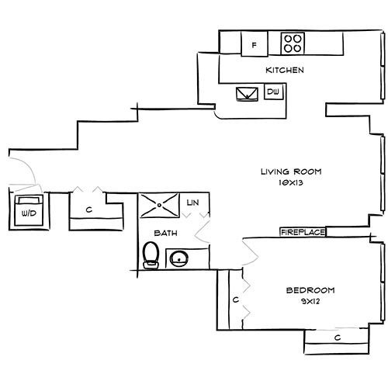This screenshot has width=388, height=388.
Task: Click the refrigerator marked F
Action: (254, 45)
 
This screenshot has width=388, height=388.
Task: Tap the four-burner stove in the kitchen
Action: (293, 44)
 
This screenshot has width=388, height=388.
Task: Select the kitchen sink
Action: (249, 94)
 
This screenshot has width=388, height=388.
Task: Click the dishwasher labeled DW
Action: (272, 92)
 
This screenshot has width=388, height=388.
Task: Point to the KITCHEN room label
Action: (284, 71)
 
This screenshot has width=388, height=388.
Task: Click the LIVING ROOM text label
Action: (289, 171)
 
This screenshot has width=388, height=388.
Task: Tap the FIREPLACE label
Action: (302, 231)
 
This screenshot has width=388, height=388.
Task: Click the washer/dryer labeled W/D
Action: (29, 211)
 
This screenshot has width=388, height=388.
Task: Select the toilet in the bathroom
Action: (151, 254)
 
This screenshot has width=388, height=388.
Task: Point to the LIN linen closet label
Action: (194, 203)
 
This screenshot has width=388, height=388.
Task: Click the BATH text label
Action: (162, 232)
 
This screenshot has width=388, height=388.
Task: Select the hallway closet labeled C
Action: (90, 210)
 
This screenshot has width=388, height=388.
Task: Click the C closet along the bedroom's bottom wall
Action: (337, 338)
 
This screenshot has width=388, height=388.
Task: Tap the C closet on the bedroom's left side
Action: (233, 299)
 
